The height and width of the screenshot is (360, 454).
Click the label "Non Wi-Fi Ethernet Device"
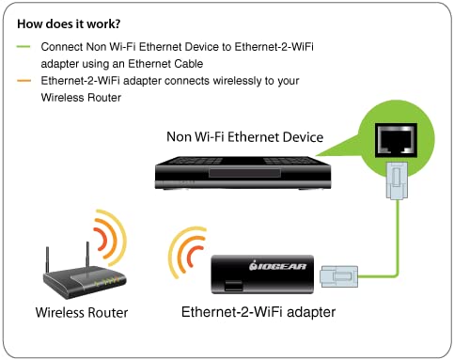[x=244, y=137]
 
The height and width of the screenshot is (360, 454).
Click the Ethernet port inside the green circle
[x=390, y=140]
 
